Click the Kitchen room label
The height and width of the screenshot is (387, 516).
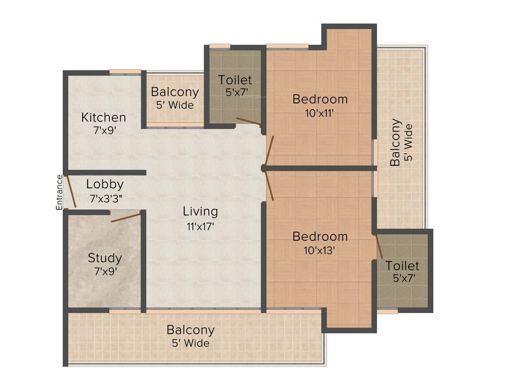coord(104,117)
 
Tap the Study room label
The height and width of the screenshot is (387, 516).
coord(105,258)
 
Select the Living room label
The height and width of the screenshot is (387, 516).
coord(201,211)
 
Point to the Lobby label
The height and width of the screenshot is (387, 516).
coord(105,184)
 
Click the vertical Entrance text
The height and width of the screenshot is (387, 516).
coord(59,192)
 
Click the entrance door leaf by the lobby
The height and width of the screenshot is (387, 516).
coord(72,191)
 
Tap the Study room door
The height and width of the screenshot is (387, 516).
coord(125,217)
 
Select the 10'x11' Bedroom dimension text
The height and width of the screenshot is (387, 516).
coord(320,113)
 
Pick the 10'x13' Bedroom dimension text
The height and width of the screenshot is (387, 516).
coord(320,250)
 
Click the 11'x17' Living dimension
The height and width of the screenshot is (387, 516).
coord(201,226)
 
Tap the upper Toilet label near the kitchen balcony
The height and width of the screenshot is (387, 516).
coord(235,80)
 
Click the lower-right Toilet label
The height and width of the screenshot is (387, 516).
coord(402,266)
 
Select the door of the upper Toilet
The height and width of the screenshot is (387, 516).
coord(248,121)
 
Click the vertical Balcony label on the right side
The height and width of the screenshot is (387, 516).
coord(396,142)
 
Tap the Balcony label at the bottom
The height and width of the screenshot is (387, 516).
coord(190,330)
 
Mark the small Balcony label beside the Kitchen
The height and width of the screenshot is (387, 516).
coord(175,92)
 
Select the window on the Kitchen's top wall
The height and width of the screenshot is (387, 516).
coord(125,72)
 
